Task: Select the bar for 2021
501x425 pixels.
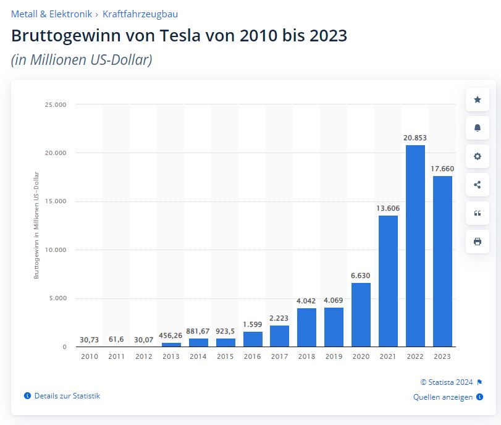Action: [388, 281]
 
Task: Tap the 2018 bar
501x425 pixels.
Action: [306, 327]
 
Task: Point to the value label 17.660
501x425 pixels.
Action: [442, 167]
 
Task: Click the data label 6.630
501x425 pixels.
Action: [361, 275]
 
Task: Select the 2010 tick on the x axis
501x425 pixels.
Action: [90, 357]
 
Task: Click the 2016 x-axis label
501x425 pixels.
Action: [252, 357]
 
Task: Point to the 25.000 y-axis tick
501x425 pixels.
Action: [56, 104]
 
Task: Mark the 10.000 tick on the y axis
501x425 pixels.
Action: [56, 250]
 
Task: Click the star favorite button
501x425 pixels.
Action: [477, 99]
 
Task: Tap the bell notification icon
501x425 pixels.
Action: [477, 128]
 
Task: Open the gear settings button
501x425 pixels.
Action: [477, 156]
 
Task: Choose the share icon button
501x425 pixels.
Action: [477, 184]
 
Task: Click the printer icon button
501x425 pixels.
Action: [477, 242]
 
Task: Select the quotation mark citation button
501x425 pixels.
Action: [477, 213]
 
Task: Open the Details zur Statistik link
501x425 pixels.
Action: [67, 396]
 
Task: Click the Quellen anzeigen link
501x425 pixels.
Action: [443, 397]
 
